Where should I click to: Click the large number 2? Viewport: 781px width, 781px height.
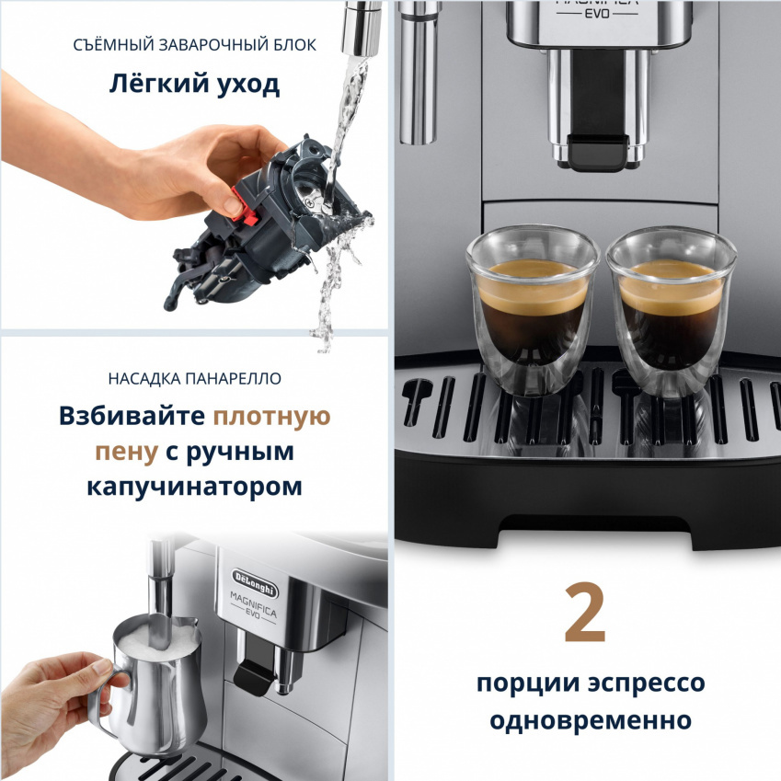586,613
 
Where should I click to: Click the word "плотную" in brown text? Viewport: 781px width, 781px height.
271,417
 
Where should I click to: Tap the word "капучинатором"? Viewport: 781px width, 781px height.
194,486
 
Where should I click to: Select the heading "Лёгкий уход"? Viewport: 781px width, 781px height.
194,86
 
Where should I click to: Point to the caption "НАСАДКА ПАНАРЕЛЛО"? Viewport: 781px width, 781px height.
194,378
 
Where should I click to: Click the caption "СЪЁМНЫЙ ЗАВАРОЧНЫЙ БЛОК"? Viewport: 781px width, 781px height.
194,44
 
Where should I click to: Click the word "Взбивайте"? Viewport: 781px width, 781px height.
132,417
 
